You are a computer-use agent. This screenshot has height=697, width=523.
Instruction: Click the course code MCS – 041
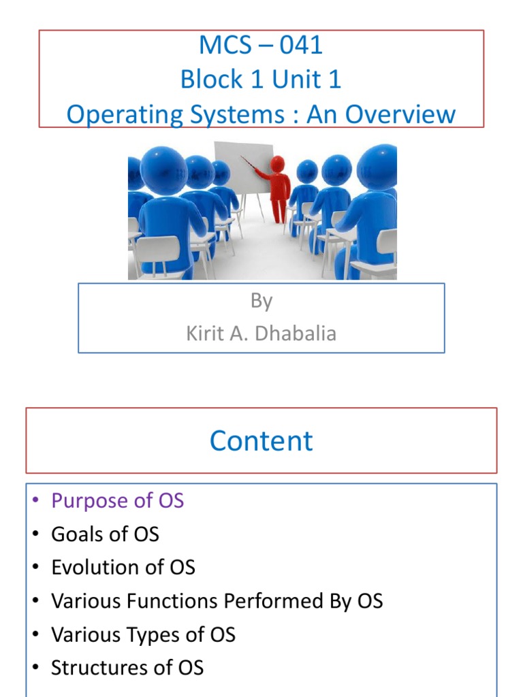tap(261, 46)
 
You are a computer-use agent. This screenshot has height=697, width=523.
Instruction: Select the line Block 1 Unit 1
tap(261, 80)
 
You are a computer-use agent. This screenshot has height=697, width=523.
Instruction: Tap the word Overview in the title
tap(399, 114)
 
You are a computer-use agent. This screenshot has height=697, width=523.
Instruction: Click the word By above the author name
tap(261, 302)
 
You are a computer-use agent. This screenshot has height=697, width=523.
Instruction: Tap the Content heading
tap(261, 441)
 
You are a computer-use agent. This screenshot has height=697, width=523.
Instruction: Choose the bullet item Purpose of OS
tap(117, 501)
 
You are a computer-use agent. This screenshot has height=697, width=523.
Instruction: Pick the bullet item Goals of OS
tap(105, 534)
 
